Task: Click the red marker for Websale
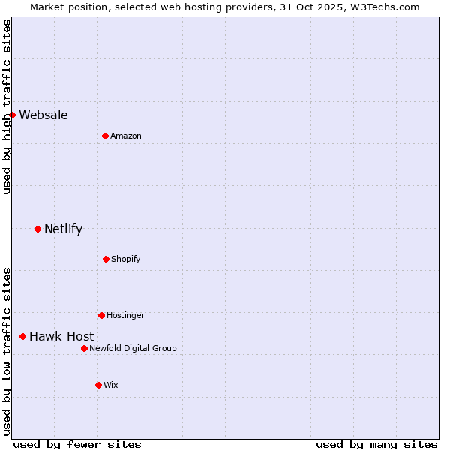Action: [12, 115]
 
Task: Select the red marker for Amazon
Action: [105, 136]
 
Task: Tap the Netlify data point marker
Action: [37, 229]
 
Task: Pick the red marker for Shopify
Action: [106, 259]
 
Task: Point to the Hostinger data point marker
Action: [101, 315]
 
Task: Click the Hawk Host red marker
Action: [22, 336]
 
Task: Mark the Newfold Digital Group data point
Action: [84, 348]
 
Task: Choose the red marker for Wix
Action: [98, 385]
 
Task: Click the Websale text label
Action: [43, 115]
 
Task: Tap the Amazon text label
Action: [126, 136]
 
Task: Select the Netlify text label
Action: [63, 229]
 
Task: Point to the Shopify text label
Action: [126, 259]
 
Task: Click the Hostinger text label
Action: [125, 315]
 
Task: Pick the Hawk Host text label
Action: [61, 336]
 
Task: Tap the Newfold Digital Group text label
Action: [133, 348]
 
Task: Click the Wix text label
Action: [111, 385]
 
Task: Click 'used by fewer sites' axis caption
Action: [77, 444]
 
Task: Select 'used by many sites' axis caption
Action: [376, 444]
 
